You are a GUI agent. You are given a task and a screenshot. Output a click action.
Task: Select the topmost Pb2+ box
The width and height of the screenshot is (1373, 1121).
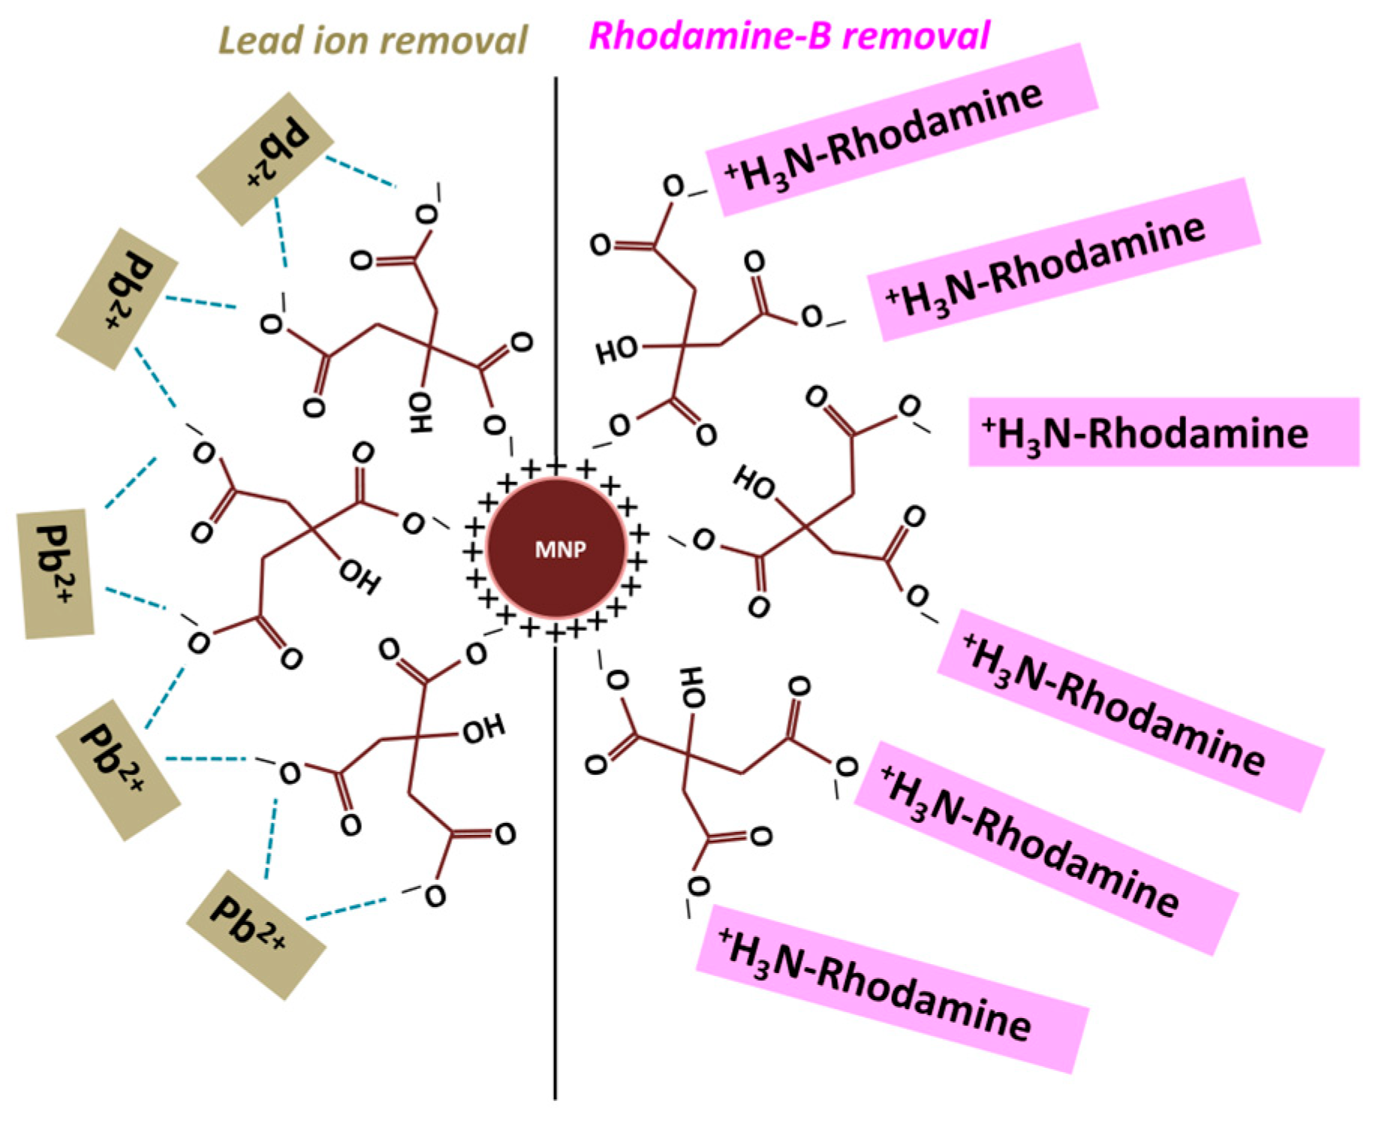click(264, 159)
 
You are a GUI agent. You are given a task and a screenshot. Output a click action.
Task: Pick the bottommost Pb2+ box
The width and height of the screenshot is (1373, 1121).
click(255, 934)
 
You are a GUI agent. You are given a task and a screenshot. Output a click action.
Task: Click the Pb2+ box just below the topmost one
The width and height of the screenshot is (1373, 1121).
click(117, 299)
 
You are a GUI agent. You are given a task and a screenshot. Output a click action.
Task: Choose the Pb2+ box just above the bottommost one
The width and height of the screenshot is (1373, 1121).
click(119, 769)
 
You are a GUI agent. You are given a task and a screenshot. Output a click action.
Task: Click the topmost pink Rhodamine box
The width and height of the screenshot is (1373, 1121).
click(901, 129)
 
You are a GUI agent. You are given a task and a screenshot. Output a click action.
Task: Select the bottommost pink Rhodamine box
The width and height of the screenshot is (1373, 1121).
click(892, 988)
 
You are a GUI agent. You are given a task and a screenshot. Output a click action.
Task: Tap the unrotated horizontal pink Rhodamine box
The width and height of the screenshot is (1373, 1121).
click(1164, 432)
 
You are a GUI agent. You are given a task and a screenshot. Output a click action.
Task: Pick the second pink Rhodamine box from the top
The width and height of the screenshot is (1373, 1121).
click(1063, 259)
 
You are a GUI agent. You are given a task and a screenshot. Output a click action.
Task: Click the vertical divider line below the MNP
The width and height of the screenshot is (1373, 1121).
click(556, 863)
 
